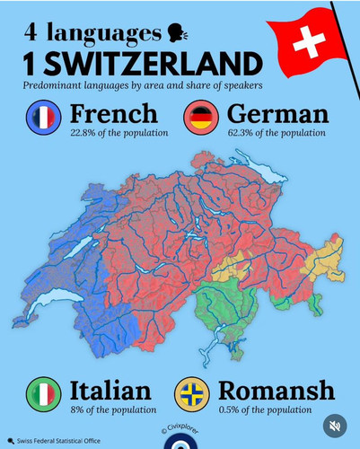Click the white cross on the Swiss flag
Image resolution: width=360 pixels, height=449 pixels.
(x=311, y=40)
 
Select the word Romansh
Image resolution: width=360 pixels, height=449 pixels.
(x=276, y=391)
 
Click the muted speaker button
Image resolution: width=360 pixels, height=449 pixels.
(x=335, y=426)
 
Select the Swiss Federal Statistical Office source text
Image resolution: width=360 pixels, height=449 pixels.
(x=57, y=441)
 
